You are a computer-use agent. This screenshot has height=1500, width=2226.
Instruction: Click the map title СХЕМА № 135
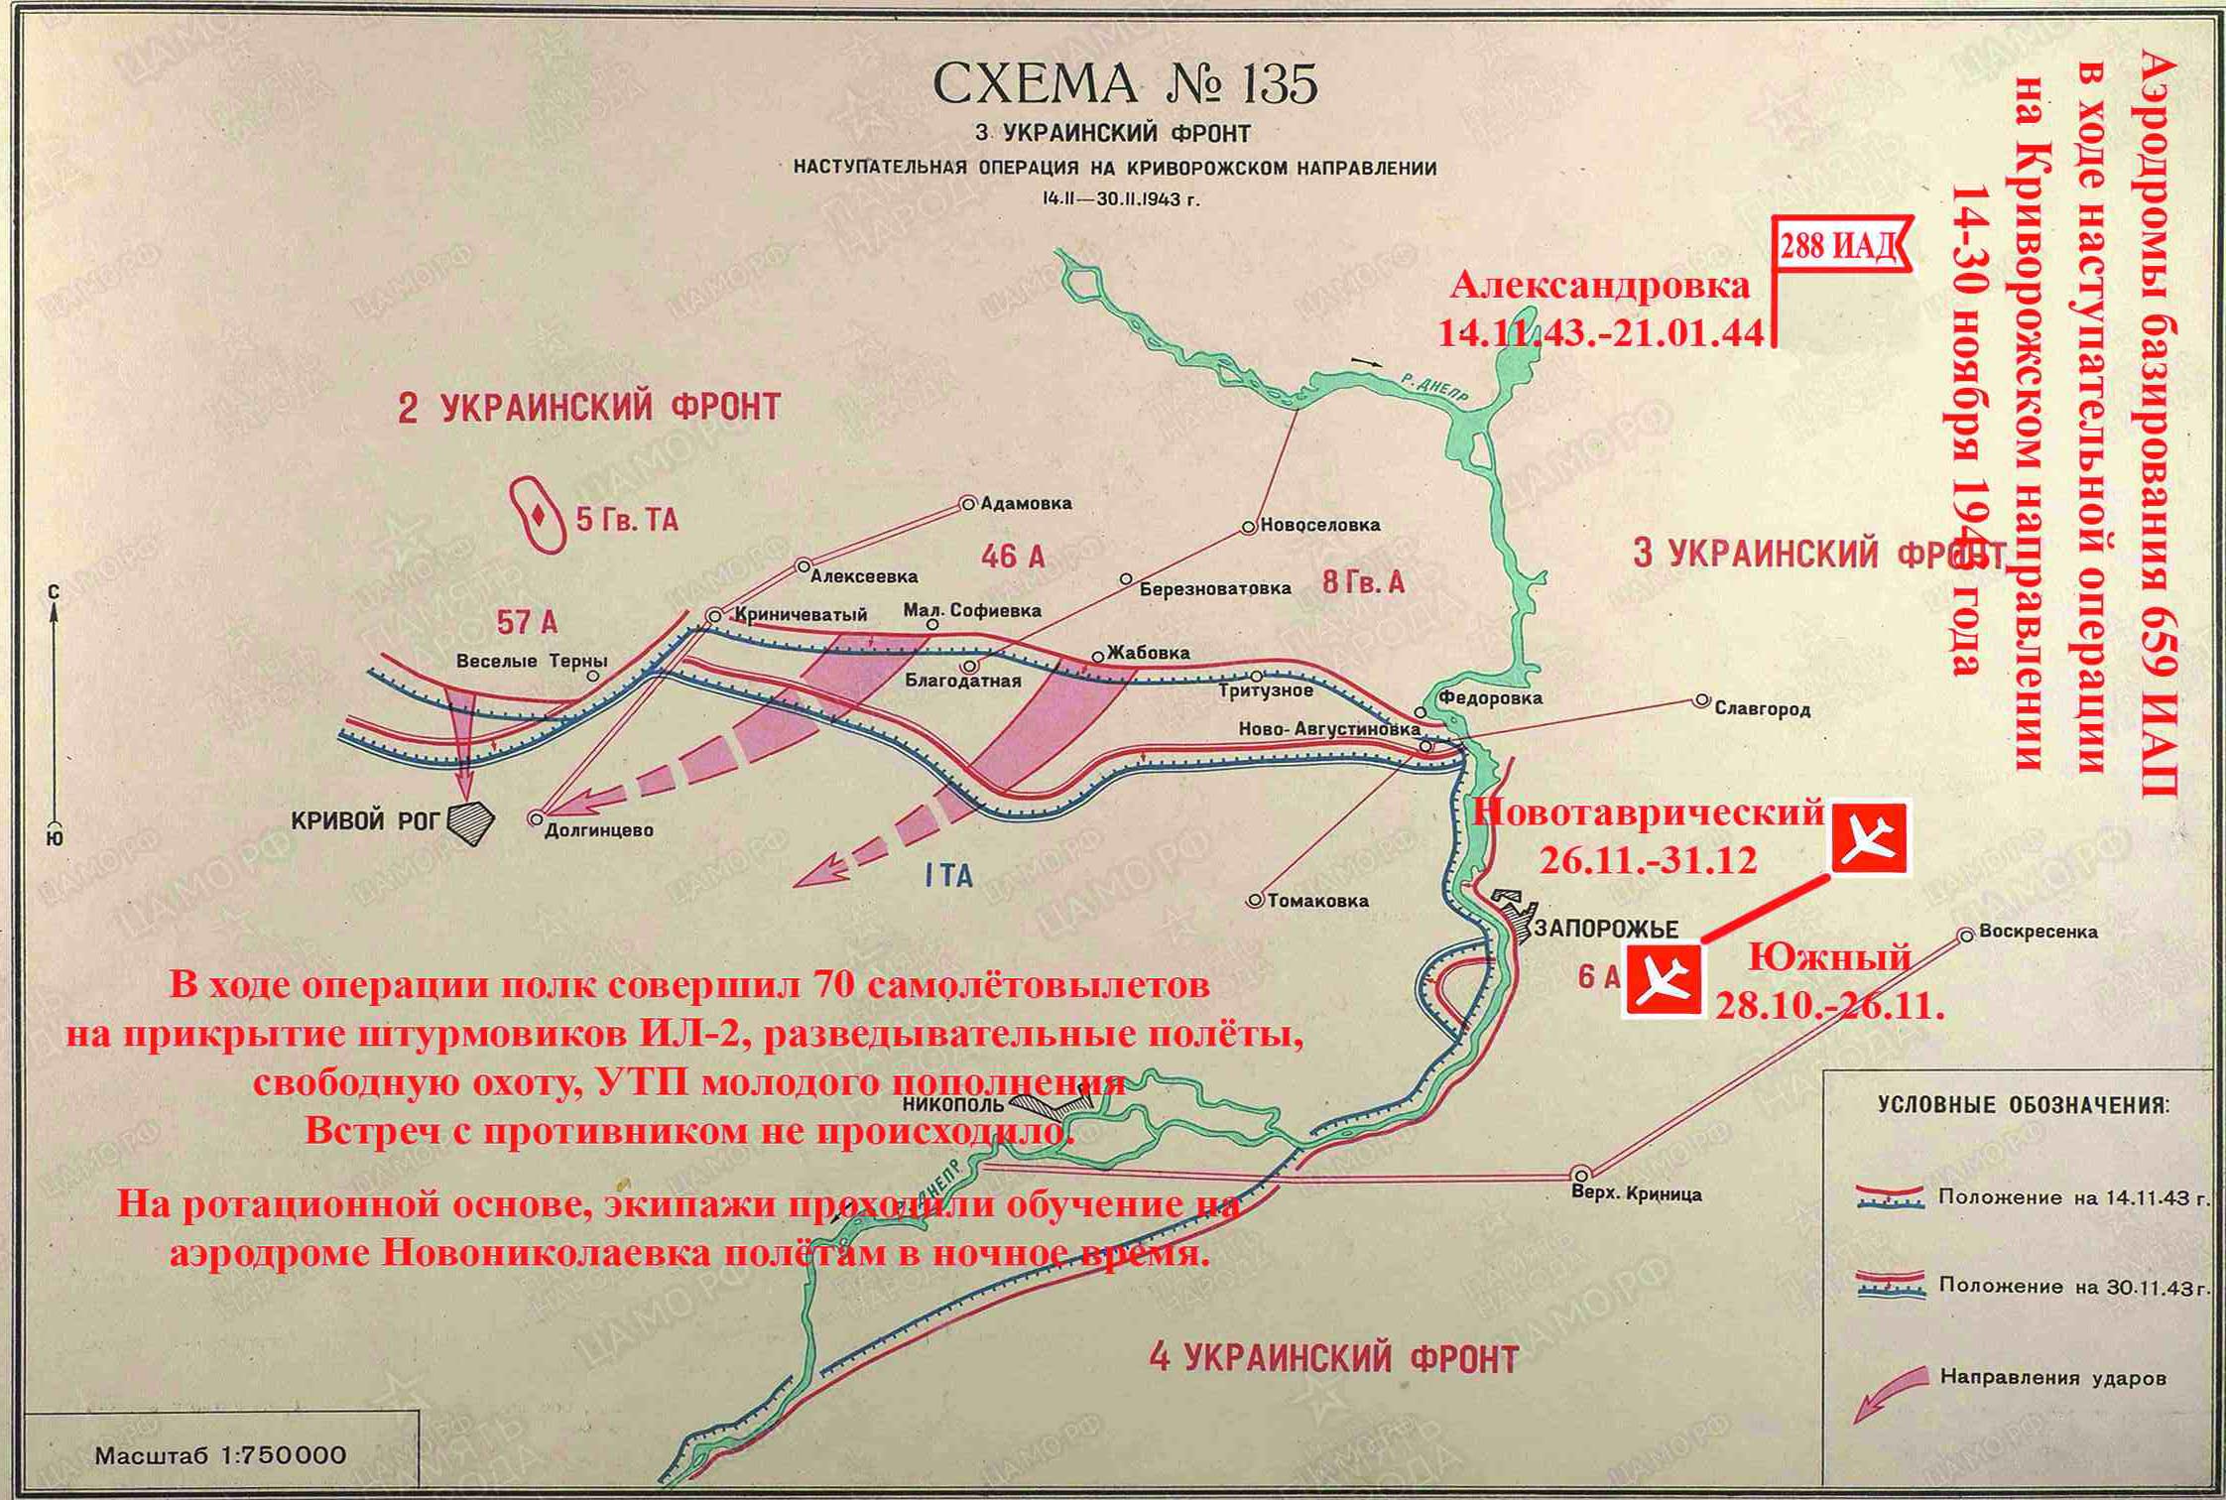[x=1125, y=83]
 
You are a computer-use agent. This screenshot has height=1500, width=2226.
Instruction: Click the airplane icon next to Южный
[x=1663, y=980]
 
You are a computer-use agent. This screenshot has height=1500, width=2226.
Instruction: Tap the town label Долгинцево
[x=599, y=829]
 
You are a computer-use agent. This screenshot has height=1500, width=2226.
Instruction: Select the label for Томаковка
[x=1318, y=901]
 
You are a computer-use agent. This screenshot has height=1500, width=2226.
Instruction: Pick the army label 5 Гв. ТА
[x=627, y=520]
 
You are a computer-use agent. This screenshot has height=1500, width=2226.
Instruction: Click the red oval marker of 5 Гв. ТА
[x=537, y=515]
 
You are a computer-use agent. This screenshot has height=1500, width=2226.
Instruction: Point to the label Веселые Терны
[x=532, y=661]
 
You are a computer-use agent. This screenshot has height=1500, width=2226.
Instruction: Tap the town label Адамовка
[x=1026, y=503]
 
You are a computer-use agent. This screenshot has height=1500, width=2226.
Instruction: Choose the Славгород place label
[x=1762, y=708]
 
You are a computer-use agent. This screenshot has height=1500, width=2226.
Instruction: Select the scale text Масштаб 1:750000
[x=220, y=1456]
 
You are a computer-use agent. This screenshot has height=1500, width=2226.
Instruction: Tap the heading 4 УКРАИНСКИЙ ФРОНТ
[x=1333, y=1358]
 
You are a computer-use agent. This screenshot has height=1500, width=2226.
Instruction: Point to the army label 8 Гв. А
[x=1363, y=582]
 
